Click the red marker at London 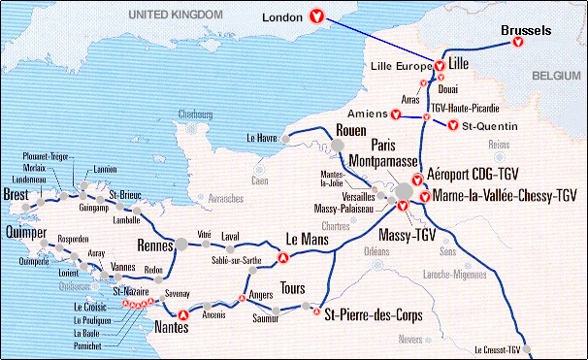pyautogui.click(x=315, y=16)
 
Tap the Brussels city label pyautogui.click(x=526, y=31)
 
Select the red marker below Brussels pyautogui.click(x=519, y=45)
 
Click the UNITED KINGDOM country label pyautogui.click(x=180, y=14)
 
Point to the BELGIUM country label pyautogui.click(x=556, y=74)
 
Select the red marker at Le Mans pyautogui.click(x=283, y=258)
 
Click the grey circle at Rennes pyautogui.click(x=180, y=244)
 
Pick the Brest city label pyautogui.click(x=16, y=194)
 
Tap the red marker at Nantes pyautogui.click(x=182, y=313)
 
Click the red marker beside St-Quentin pyautogui.click(x=452, y=124)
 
